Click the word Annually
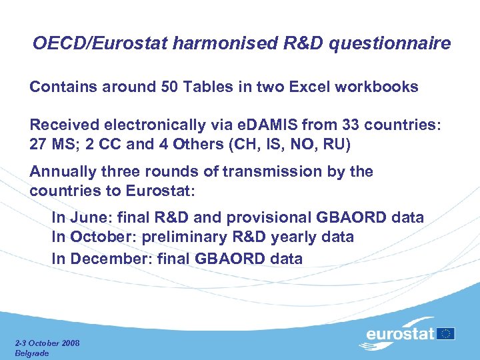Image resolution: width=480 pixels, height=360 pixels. [63, 172]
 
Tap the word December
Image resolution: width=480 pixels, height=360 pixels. [103, 259]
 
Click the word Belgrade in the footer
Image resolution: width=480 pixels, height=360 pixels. [32, 353]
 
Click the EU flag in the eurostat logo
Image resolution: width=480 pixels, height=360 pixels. [447, 333]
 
